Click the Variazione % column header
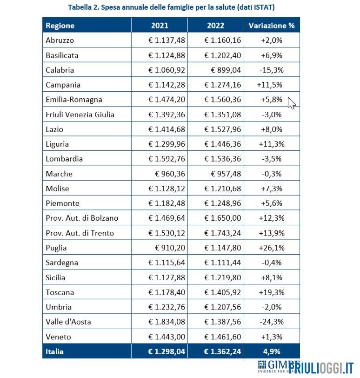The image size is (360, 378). [x=272, y=26]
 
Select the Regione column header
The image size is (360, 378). [x=60, y=26]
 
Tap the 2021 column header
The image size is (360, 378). [x=160, y=26]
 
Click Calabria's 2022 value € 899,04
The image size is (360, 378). [x=226, y=70]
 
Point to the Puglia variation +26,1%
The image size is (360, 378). [x=272, y=248]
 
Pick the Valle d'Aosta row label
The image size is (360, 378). [x=68, y=322]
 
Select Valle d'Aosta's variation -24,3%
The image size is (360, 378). [x=272, y=322]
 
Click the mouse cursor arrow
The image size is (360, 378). [x=292, y=103]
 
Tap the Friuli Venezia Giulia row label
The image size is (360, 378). [x=80, y=115]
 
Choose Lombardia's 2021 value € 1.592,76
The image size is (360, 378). [x=167, y=159]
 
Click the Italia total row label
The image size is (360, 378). [x=54, y=351]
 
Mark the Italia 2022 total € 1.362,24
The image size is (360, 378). [x=222, y=351]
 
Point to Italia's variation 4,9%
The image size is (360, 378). [x=272, y=351]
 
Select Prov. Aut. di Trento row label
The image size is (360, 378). [x=80, y=233]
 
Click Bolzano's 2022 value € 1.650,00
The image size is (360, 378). [x=222, y=218]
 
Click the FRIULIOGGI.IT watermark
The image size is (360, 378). [x=321, y=368]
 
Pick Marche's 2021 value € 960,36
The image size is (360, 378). [x=170, y=174]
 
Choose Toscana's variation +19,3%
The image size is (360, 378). [x=272, y=292]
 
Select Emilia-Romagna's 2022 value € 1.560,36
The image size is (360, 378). [x=222, y=100]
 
